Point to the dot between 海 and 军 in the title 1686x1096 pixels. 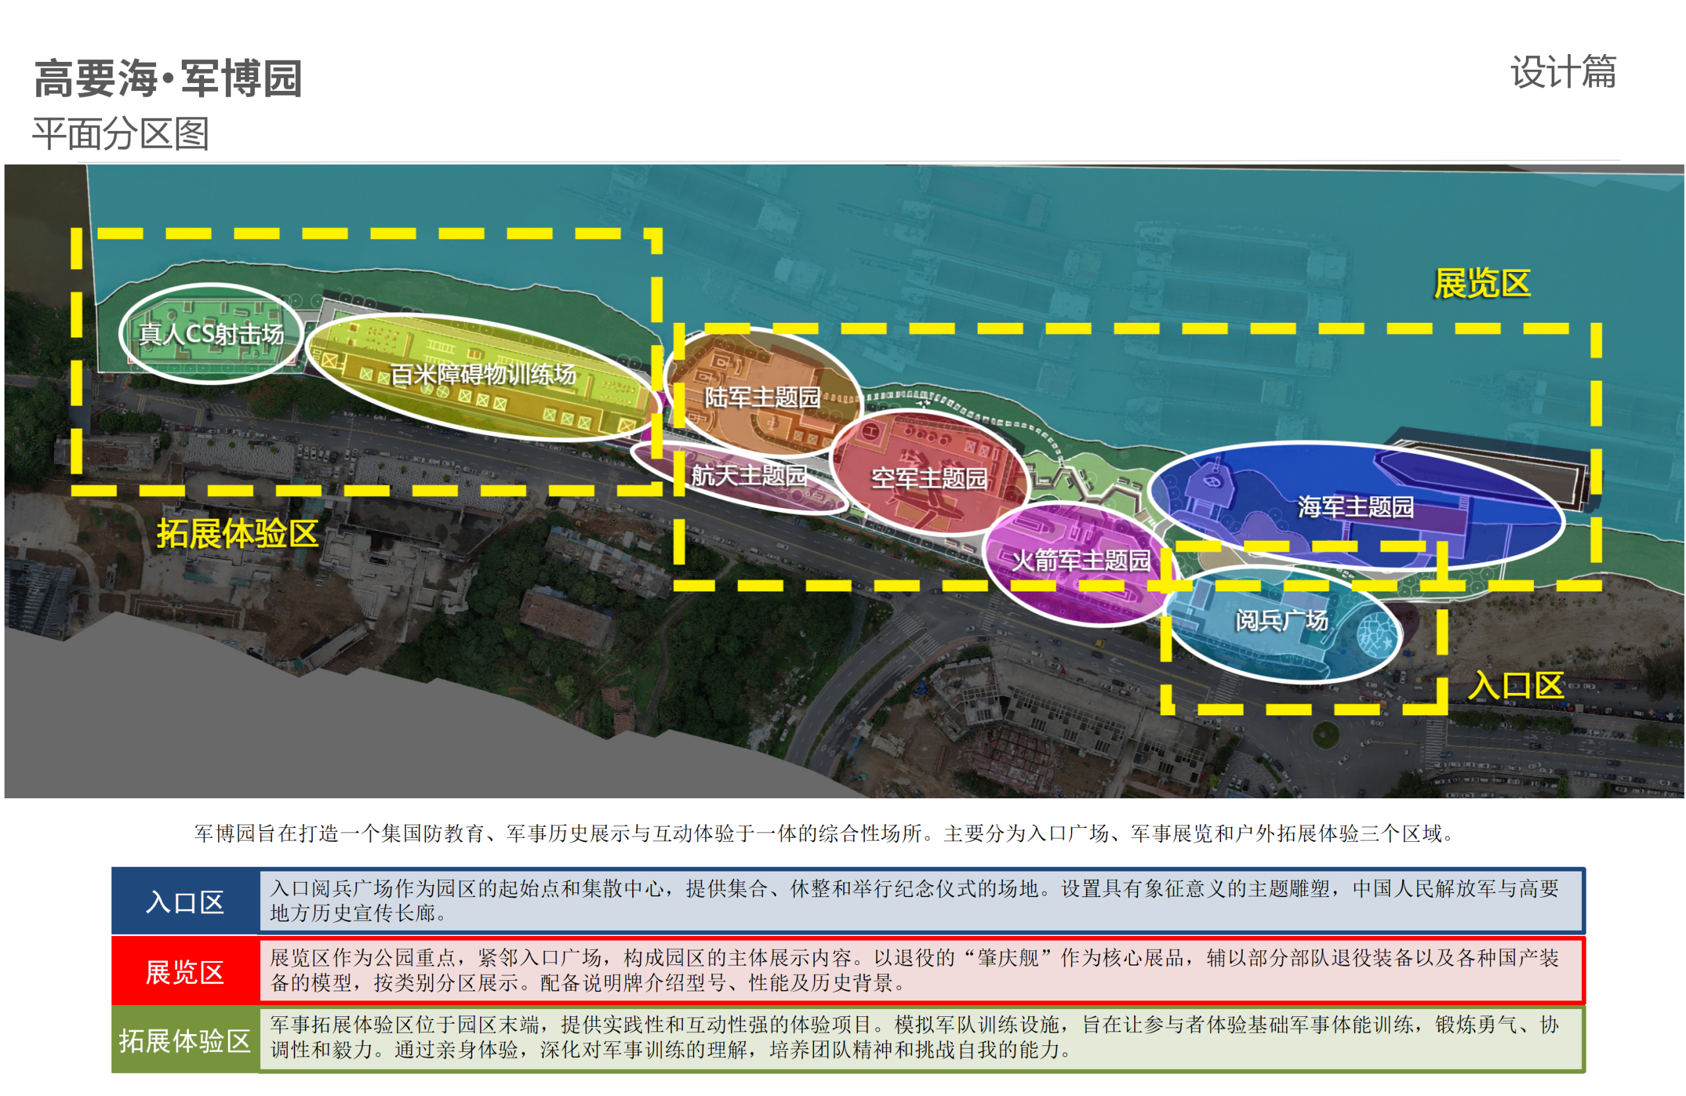coord(168,78)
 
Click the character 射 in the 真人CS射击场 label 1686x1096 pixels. coord(226,333)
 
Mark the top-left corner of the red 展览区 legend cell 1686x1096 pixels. coord(112,937)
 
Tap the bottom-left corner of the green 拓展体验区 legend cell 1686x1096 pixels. coord(112,1072)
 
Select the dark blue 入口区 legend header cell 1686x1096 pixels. coord(185,901)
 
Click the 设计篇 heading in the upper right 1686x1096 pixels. coord(1564,72)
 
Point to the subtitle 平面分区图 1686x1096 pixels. coord(121,134)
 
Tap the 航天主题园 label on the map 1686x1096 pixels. coord(749,476)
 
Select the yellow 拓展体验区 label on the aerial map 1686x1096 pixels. coord(237,534)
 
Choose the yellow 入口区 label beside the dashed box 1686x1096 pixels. coord(1515,686)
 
